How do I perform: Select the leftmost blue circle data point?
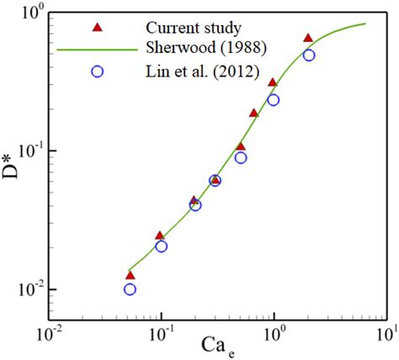click(130, 289)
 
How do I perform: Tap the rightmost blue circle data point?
click(309, 55)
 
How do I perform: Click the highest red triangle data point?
click(308, 39)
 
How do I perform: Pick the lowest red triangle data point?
click(130, 275)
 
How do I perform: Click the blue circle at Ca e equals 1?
click(273, 99)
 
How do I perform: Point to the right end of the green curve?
click(364, 24)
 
